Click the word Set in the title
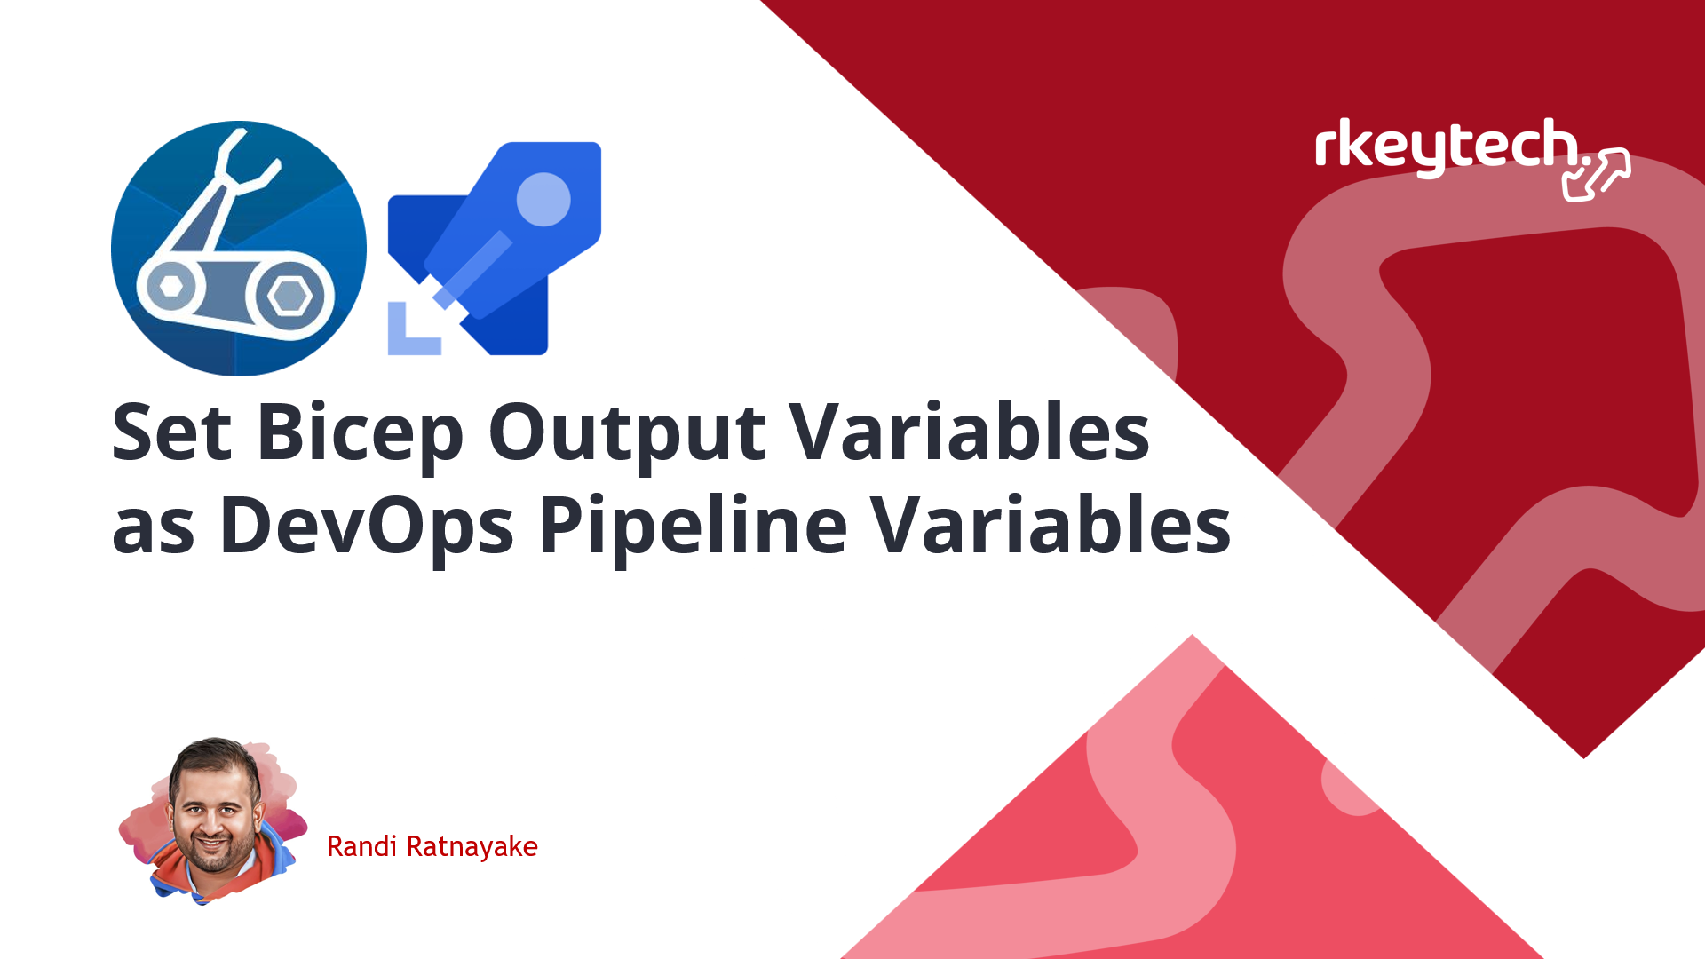[x=172, y=432]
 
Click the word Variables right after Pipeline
[x=1051, y=525]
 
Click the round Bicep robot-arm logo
[x=239, y=249]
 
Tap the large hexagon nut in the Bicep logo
[x=289, y=296]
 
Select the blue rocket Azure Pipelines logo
[x=495, y=249]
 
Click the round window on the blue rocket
[x=543, y=199]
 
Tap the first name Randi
[x=361, y=846]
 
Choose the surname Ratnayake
[x=472, y=847]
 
